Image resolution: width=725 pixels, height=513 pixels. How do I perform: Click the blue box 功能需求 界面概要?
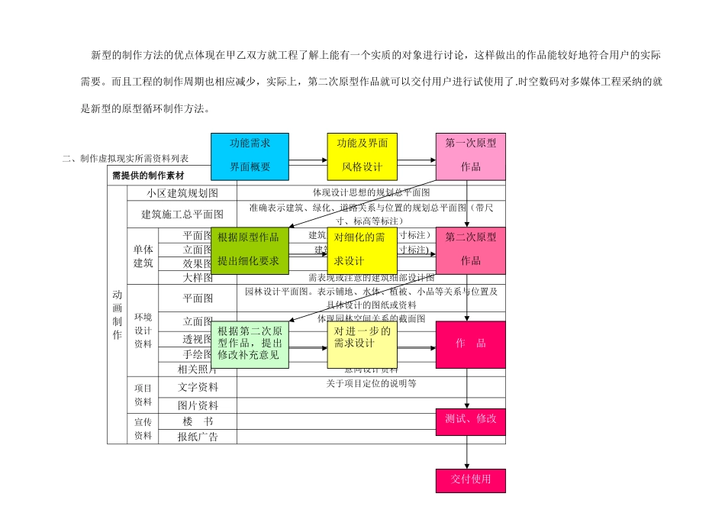tap(250, 156)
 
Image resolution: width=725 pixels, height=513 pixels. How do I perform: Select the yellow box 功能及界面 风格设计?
tap(362, 156)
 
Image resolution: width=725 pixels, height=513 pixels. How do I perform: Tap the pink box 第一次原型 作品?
tap(470, 156)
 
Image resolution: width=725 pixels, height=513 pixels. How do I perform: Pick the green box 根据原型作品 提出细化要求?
tap(250, 250)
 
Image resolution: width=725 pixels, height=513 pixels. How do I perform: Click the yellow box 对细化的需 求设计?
tap(362, 250)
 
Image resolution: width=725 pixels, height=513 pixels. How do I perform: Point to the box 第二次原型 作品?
tap(470, 250)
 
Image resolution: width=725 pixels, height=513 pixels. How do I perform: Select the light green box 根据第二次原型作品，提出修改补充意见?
tap(250, 344)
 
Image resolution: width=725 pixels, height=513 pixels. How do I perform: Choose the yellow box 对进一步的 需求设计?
tap(362, 344)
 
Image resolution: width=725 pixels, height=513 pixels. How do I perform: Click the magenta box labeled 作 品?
tap(470, 344)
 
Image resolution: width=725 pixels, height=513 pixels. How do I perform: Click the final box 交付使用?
tap(470, 480)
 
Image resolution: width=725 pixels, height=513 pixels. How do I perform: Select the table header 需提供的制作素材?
tap(148, 176)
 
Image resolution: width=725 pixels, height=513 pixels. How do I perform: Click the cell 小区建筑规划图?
tap(183, 193)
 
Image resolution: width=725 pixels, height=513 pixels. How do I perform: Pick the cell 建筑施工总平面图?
tap(183, 215)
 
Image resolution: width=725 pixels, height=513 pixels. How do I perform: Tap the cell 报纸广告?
tap(198, 437)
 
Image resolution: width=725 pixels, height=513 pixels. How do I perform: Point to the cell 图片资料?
tap(198, 405)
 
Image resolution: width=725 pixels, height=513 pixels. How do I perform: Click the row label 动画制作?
tap(117, 313)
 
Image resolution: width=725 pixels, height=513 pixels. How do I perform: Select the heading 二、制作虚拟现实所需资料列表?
tap(126, 158)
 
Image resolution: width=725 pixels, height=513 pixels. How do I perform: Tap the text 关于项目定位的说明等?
tap(371, 384)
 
